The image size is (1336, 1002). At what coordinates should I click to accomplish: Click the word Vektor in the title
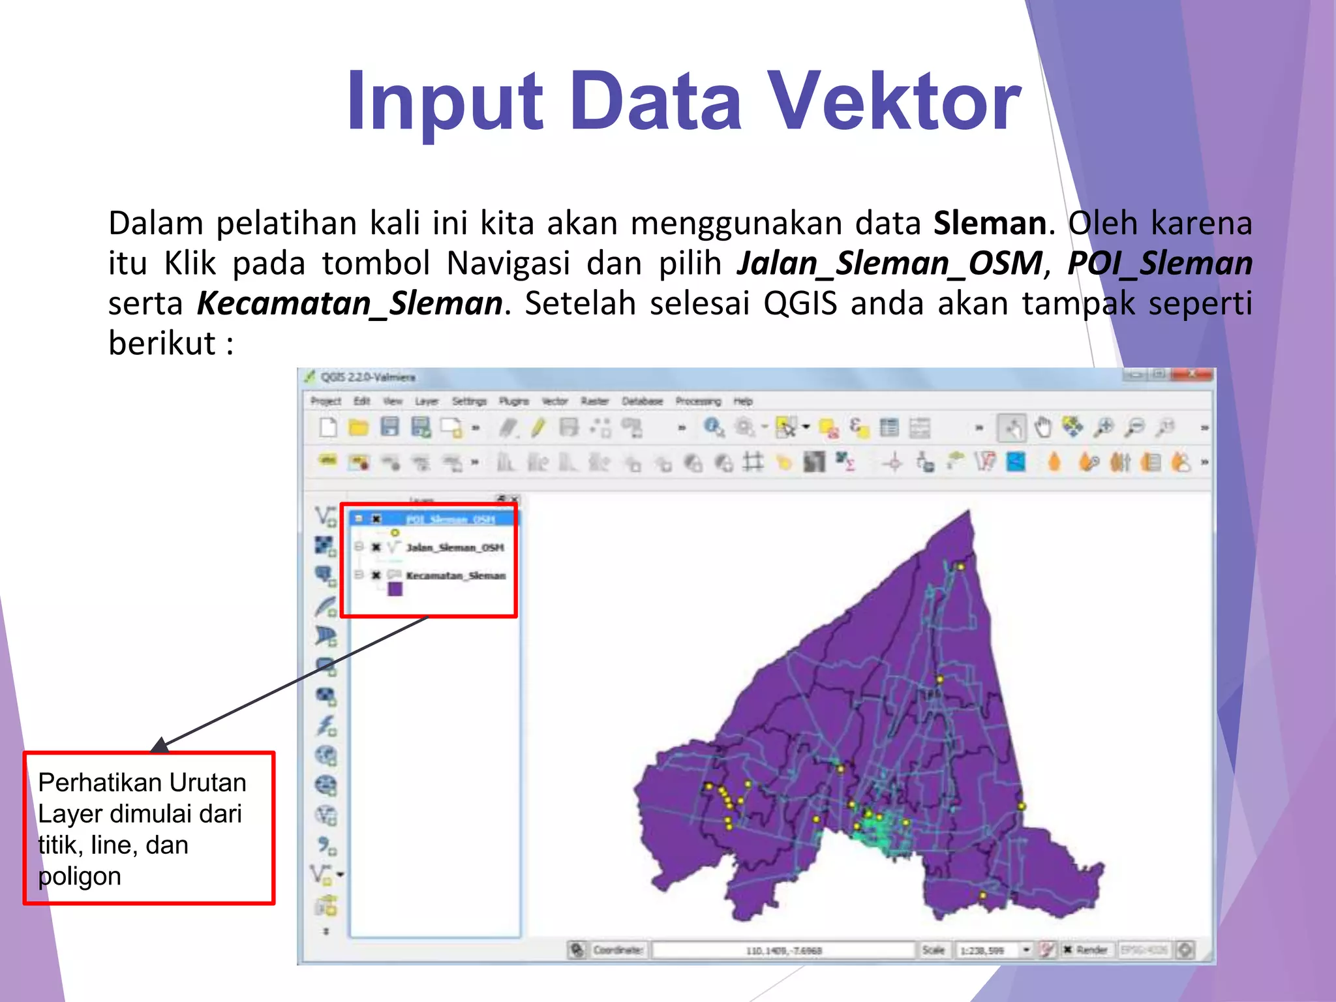(x=894, y=102)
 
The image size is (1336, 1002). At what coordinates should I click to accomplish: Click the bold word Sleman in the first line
(x=990, y=223)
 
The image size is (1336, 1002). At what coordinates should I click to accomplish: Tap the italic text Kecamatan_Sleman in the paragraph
(x=350, y=303)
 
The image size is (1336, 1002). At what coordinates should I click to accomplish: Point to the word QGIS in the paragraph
(x=800, y=303)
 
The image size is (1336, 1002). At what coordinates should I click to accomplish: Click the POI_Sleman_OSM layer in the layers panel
(x=450, y=519)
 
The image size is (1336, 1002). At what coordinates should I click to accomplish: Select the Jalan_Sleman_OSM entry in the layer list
(x=455, y=547)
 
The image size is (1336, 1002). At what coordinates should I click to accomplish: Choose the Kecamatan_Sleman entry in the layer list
(x=455, y=575)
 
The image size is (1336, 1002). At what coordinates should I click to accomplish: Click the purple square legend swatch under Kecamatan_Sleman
(x=395, y=589)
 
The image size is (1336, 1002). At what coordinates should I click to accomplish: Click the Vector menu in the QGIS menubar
(x=554, y=401)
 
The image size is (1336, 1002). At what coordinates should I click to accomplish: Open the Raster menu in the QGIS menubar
(x=594, y=401)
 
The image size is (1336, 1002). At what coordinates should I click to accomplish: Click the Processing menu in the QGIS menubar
(x=698, y=401)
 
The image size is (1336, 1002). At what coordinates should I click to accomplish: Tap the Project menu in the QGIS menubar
(x=326, y=401)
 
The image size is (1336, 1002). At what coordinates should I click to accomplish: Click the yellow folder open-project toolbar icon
(x=358, y=428)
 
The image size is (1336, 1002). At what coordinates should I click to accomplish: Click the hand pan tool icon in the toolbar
(x=1043, y=428)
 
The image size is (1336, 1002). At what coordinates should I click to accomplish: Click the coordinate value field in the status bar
(x=783, y=950)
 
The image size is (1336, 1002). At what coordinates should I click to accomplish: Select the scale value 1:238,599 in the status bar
(x=985, y=950)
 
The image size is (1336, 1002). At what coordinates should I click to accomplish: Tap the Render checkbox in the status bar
(x=1068, y=950)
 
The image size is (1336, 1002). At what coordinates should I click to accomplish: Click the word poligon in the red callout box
(x=80, y=876)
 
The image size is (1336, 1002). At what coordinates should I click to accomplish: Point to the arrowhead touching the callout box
(x=160, y=745)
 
